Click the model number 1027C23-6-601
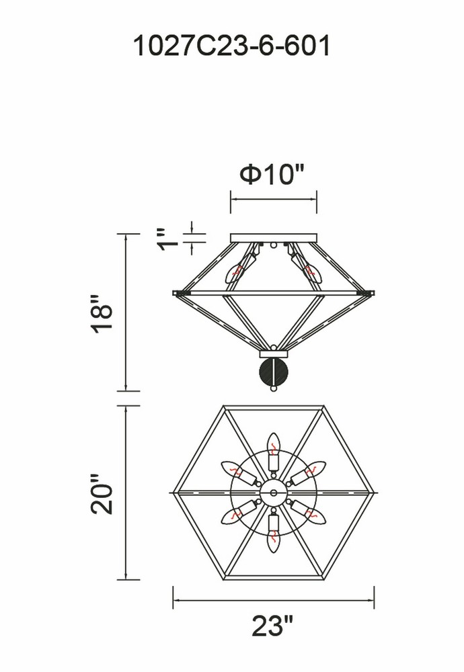[x=232, y=46]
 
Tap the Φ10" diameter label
[x=272, y=175]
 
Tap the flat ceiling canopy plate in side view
[x=274, y=238]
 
